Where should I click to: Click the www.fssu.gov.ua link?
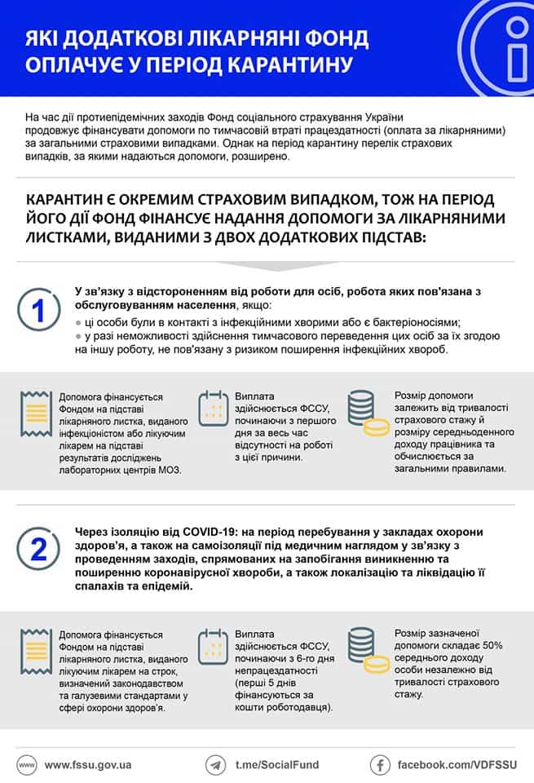point(88,765)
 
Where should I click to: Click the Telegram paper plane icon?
point(216,765)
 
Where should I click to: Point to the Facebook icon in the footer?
point(380,765)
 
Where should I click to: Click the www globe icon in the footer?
point(26,765)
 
